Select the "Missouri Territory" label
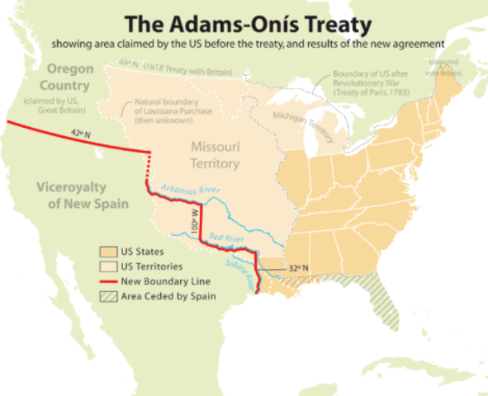215,155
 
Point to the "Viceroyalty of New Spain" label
73,196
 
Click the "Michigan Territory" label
302,129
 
